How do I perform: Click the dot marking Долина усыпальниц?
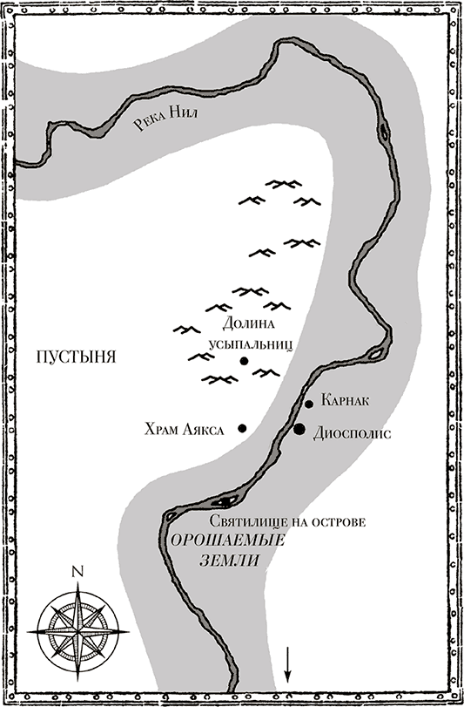pyautogui.click(x=245, y=360)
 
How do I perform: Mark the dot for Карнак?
pyautogui.click(x=309, y=404)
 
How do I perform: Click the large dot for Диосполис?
pyautogui.click(x=299, y=428)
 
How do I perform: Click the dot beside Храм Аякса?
pyautogui.click(x=241, y=427)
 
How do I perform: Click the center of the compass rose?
pyautogui.click(x=78, y=625)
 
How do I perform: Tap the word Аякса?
pyautogui.click(x=209, y=429)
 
